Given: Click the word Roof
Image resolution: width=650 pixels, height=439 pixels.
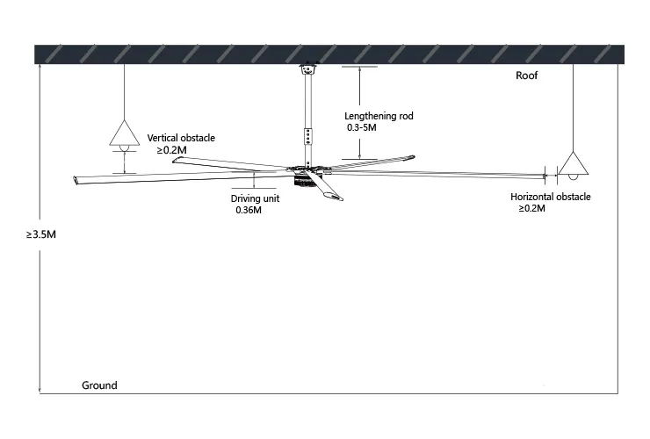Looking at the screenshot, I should pos(527,76).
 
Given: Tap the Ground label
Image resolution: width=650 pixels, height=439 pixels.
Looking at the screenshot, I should pos(99,385).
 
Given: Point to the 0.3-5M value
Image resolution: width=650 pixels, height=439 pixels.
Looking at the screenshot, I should pos(362,128).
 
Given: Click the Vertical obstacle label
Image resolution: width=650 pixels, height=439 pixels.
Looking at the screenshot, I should pos(181,139).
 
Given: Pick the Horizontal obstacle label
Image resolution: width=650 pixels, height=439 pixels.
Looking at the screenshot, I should pos(551,198).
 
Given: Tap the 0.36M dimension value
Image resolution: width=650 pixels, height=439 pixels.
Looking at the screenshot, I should pos(250,211).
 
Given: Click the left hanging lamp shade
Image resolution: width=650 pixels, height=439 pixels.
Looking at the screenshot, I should pos(124,133).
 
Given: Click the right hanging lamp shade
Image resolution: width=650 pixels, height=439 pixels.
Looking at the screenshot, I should pos(573,164).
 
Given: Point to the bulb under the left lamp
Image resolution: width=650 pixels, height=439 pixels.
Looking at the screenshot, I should pos(124,150).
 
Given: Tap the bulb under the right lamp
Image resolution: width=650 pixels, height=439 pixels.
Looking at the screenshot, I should pos(573,182).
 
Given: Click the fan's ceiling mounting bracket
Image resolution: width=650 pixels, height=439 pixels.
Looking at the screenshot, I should pos(307,69).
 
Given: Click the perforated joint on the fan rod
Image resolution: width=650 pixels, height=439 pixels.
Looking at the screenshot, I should pos(307,136).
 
